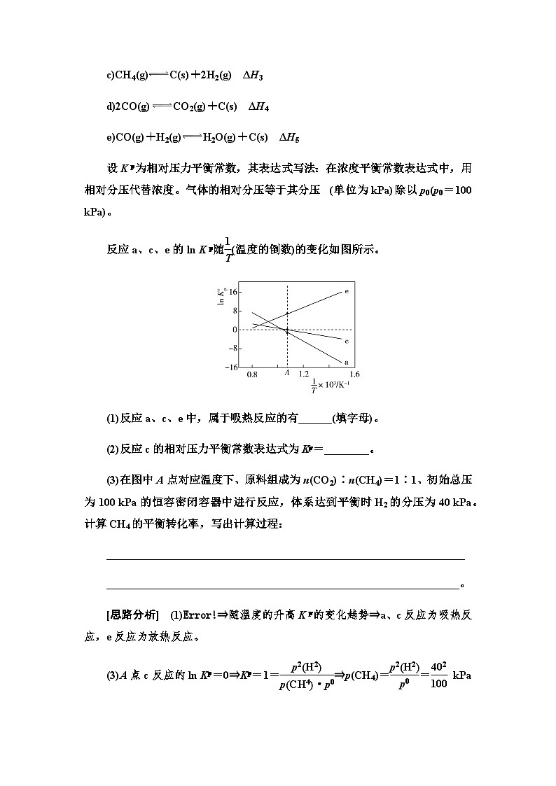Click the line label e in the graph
pyautogui.click(x=347, y=290)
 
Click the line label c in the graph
pyautogui.click(x=347, y=340)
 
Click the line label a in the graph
pyautogui.click(x=347, y=362)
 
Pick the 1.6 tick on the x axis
pyautogui.click(x=345, y=375)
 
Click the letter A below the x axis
pyautogui.click(x=287, y=375)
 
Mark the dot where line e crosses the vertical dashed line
pyautogui.click(x=287, y=314)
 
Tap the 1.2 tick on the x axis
pyautogui.click(x=305, y=375)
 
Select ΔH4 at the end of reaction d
pyautogui.click(x=259, y=107)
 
